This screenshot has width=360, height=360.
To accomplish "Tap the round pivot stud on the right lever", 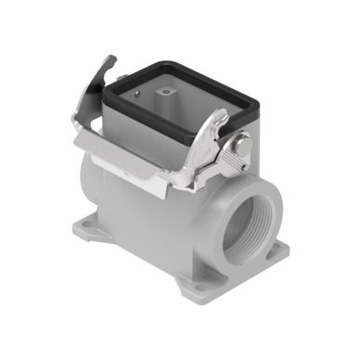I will (x=244, y=146).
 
